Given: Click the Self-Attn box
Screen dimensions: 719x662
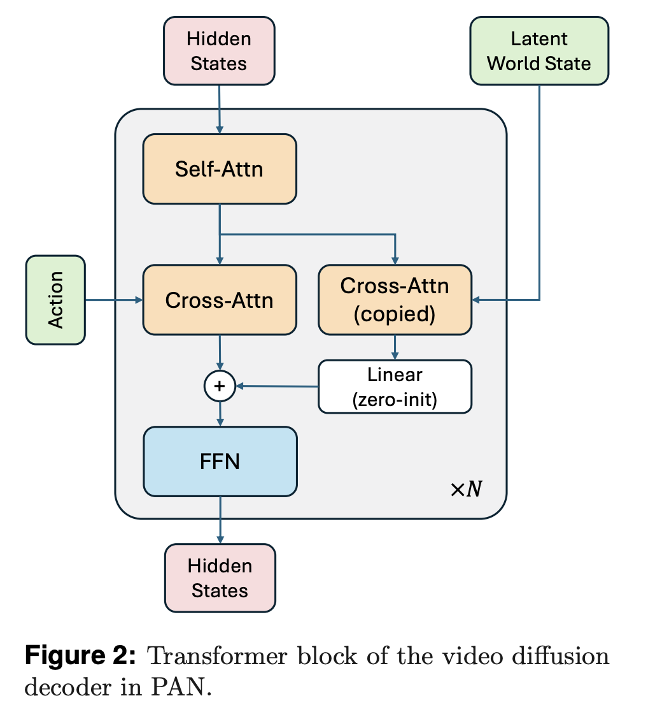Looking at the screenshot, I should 220,169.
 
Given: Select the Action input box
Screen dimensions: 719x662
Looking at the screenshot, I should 55,300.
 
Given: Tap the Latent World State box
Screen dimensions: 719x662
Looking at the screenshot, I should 539,51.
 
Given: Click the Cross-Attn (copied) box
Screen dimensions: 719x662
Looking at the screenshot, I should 395,300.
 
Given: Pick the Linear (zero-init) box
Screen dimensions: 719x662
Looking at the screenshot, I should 395,386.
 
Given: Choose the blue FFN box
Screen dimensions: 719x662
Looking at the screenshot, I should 220,461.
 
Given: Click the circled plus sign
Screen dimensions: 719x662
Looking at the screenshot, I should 220,386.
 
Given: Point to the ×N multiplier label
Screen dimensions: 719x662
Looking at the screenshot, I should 466,490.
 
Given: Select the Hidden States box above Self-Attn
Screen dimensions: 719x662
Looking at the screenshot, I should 219,51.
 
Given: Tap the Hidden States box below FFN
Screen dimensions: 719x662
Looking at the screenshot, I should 220,577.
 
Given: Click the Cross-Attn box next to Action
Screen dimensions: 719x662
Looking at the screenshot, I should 220,300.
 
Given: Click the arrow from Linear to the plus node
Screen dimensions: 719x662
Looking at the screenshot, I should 277,386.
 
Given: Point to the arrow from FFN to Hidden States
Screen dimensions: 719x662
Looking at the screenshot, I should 220,519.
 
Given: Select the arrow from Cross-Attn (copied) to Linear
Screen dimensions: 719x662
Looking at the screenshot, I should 395,347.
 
